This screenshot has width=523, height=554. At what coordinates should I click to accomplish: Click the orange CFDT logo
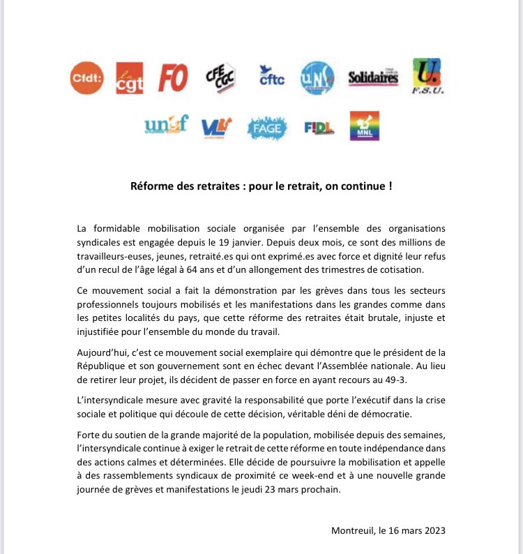87,77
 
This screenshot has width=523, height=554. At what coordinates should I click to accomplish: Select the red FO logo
173,77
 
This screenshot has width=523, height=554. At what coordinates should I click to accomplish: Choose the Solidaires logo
372,78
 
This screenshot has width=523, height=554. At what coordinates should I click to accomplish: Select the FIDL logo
319,127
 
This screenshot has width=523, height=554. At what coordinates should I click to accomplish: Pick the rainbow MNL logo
364,126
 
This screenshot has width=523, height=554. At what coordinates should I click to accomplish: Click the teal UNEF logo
166,126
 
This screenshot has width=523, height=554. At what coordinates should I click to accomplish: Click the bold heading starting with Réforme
261,186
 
